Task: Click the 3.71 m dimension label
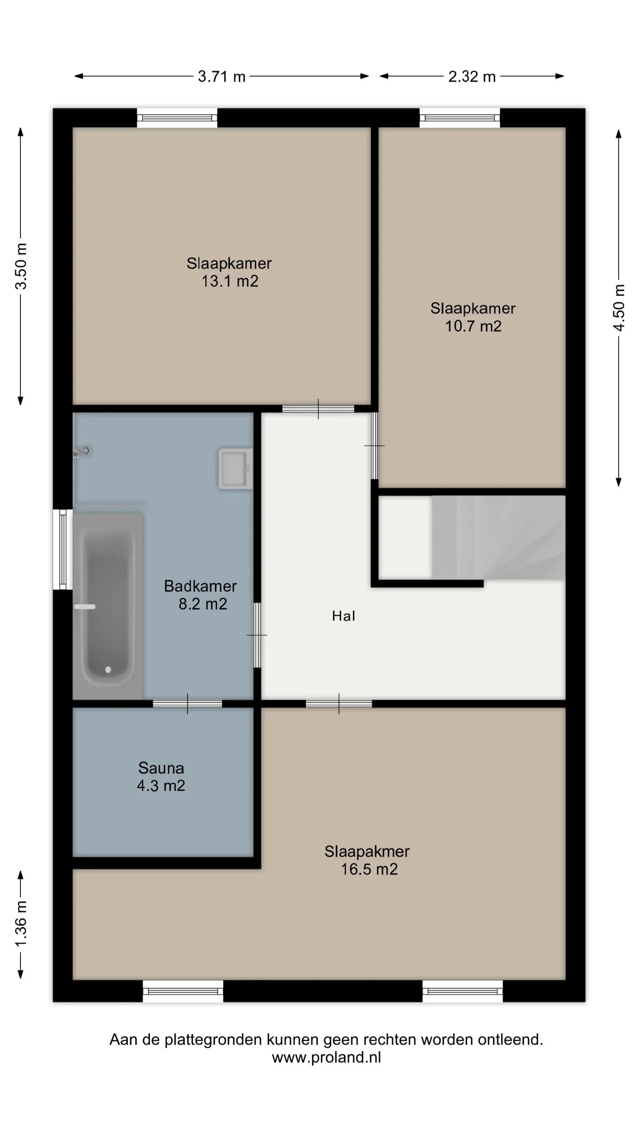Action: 221,76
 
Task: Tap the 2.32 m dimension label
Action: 472,76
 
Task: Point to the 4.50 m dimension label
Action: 619,308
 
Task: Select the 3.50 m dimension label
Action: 21,266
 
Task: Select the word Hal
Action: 343,616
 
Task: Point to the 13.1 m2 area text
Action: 230,281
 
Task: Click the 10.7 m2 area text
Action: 473,327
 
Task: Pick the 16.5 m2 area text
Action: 369,869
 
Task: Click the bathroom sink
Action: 235,469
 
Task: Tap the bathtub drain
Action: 108,670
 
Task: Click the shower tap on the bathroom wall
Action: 83,452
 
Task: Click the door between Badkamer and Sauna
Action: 187,704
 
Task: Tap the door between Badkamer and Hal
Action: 257,635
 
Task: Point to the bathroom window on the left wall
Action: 63,549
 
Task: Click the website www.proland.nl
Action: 327,1057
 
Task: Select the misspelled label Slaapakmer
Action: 367,852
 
